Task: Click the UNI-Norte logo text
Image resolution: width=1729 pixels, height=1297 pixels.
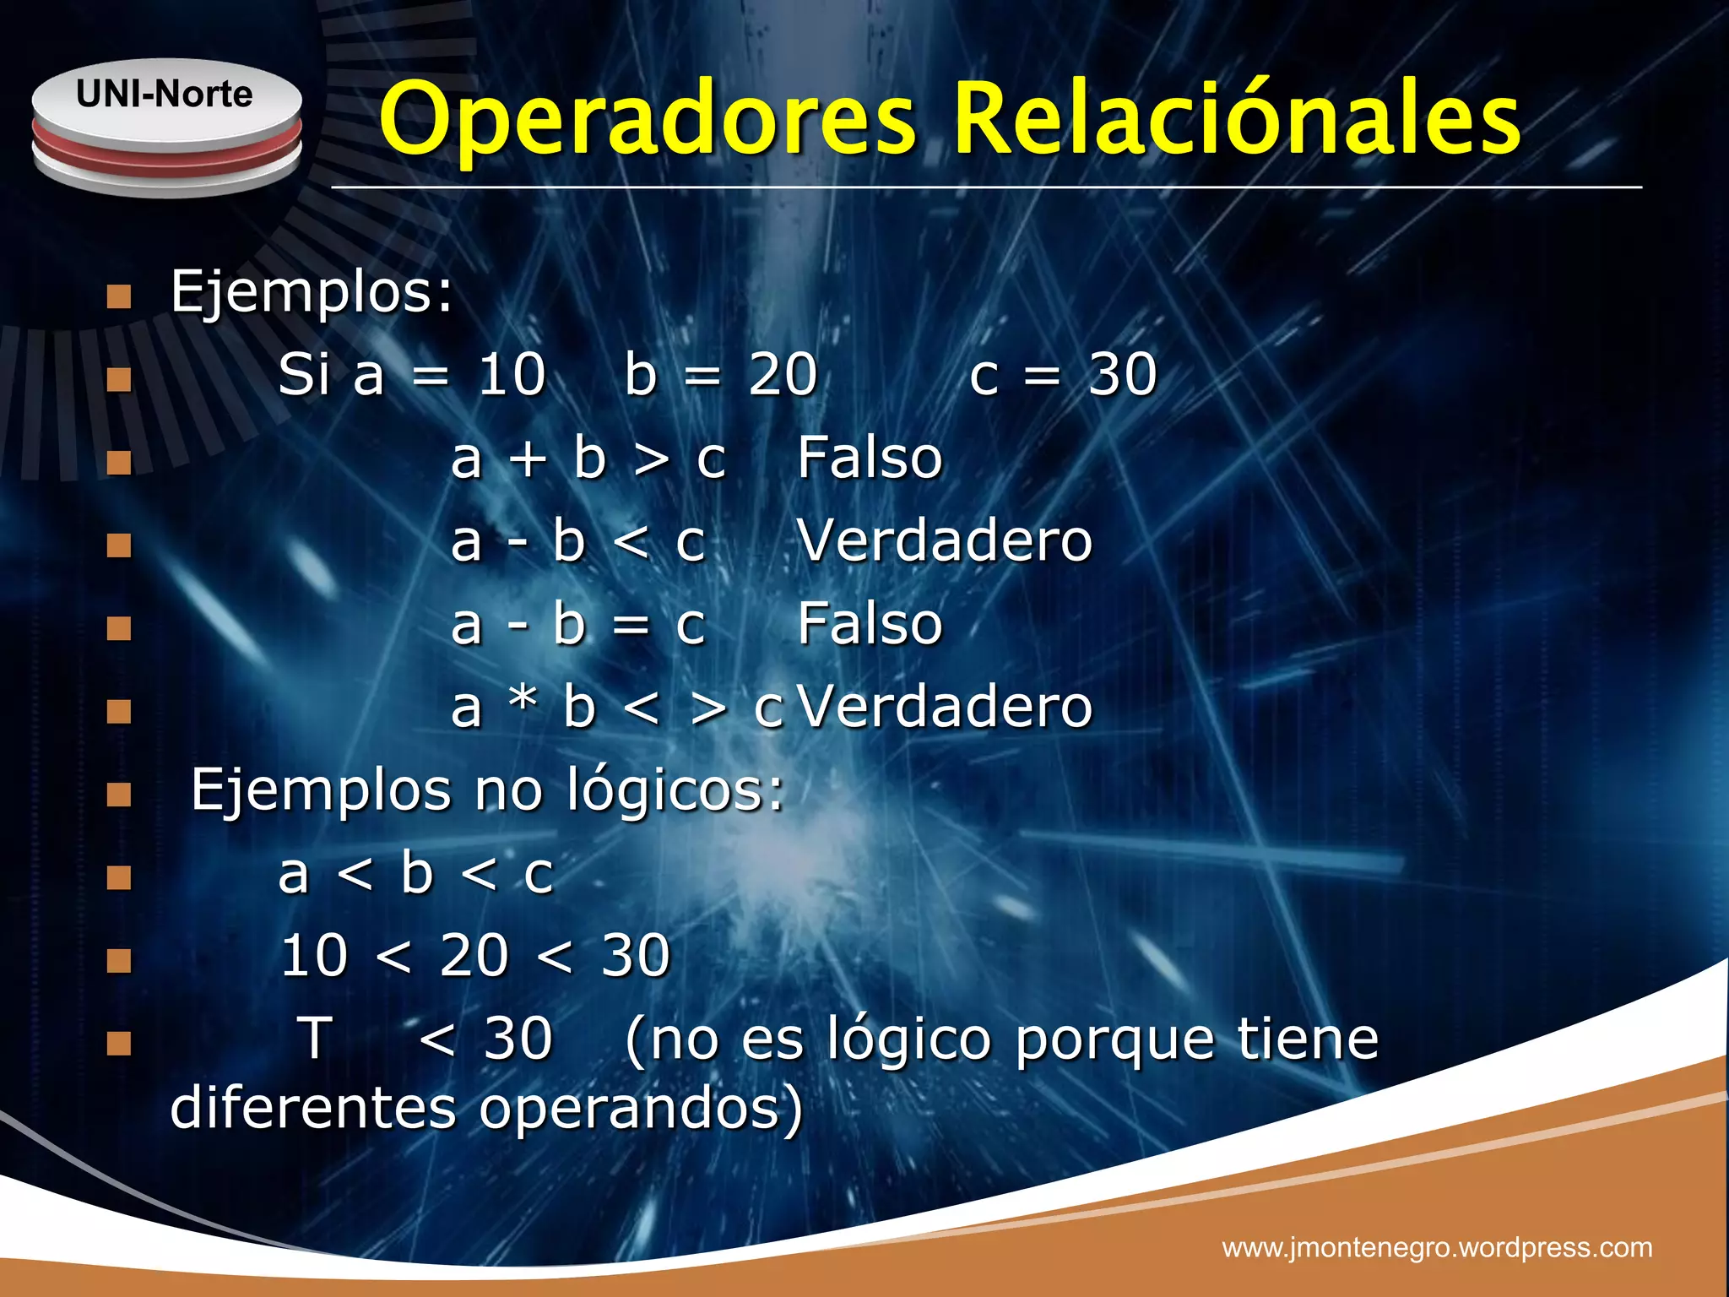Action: pyautogui.click(x=165, y=94)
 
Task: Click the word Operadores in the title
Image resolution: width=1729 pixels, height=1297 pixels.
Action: pyautogui.click(x=648, y=120)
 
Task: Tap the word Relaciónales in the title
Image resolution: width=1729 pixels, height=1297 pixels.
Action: pyautogui.click(x=1238, y=120)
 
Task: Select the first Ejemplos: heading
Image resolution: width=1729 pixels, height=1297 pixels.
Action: pyautogui.click(x=312, y=292)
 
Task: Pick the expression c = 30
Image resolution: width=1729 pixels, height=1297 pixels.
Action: pyautogui.click(x=1063, y=374)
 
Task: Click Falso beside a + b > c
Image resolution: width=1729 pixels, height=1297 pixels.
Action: pyautogui.click(x=870, y=458)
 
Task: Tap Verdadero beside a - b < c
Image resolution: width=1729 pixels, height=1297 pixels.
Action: pyautogui.click(x=945, y=540)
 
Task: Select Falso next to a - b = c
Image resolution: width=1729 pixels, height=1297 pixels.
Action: pyautogui.click(x=870, y=624)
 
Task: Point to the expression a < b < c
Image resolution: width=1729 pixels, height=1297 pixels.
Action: pyautogui.click(x=415, y=874)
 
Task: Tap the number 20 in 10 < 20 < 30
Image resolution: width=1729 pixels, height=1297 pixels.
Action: pyautogui.click(x=474, y=956)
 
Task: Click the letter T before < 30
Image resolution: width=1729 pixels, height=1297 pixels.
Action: pyautogui.click(x=316, y=1038)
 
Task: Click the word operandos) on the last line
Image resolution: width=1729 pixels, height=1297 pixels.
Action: pyautogui.click(x=641, y=1109)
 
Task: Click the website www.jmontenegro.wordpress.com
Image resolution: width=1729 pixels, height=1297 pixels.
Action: pyautogui.click(x=1437, y=1247)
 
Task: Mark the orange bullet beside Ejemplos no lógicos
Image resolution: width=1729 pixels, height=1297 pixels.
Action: pyautogui.click(x=119, y=795)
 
